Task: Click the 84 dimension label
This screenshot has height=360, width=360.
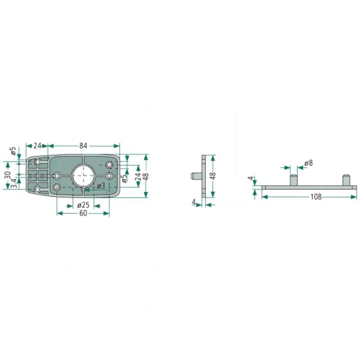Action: coord(83,145)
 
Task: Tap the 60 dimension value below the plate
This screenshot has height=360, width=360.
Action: coord(83,213)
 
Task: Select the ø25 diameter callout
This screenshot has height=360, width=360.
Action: coord(83,205)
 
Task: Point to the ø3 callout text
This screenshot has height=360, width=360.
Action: coord(101,186)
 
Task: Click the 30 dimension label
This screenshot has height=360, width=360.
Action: coord(8,175)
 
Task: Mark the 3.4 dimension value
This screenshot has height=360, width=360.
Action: coord(14,183)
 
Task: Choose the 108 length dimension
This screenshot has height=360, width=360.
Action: coord(316,197)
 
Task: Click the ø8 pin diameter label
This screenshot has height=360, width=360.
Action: coord(309,163)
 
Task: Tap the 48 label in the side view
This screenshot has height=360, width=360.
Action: coord(213,176)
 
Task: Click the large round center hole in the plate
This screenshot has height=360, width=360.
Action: coord(83,175)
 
